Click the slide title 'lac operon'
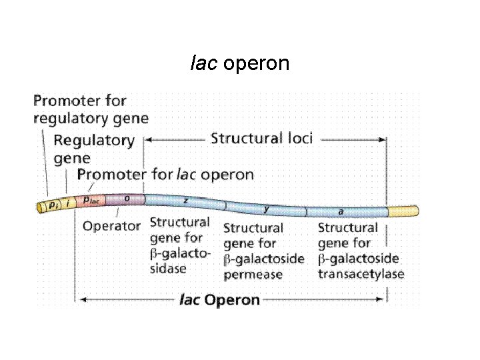(x=239, y=63)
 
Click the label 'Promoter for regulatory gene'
(x=90, y=110)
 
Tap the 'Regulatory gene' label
(x=93, y=149)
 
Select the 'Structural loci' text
(x=261, y=139)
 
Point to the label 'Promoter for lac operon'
(x=165, y=175)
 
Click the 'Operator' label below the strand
(x=111, y=225)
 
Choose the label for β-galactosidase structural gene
(x=180, y=245)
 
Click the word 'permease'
(x=253, y=274)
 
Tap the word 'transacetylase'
(x=361, y=274)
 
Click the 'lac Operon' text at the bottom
(x=219, y=300)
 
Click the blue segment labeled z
(x=185, y=202)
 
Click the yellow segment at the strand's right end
(x=403, y=212)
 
